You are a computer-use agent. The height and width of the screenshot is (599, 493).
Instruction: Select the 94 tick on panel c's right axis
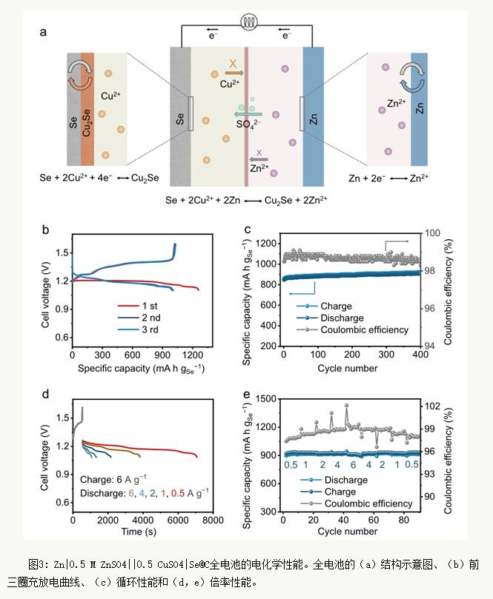click(431, 346)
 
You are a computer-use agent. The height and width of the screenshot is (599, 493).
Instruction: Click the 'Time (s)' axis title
click(142, 532)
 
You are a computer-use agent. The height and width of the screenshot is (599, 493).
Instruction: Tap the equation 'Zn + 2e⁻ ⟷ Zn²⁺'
click(389, 178)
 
